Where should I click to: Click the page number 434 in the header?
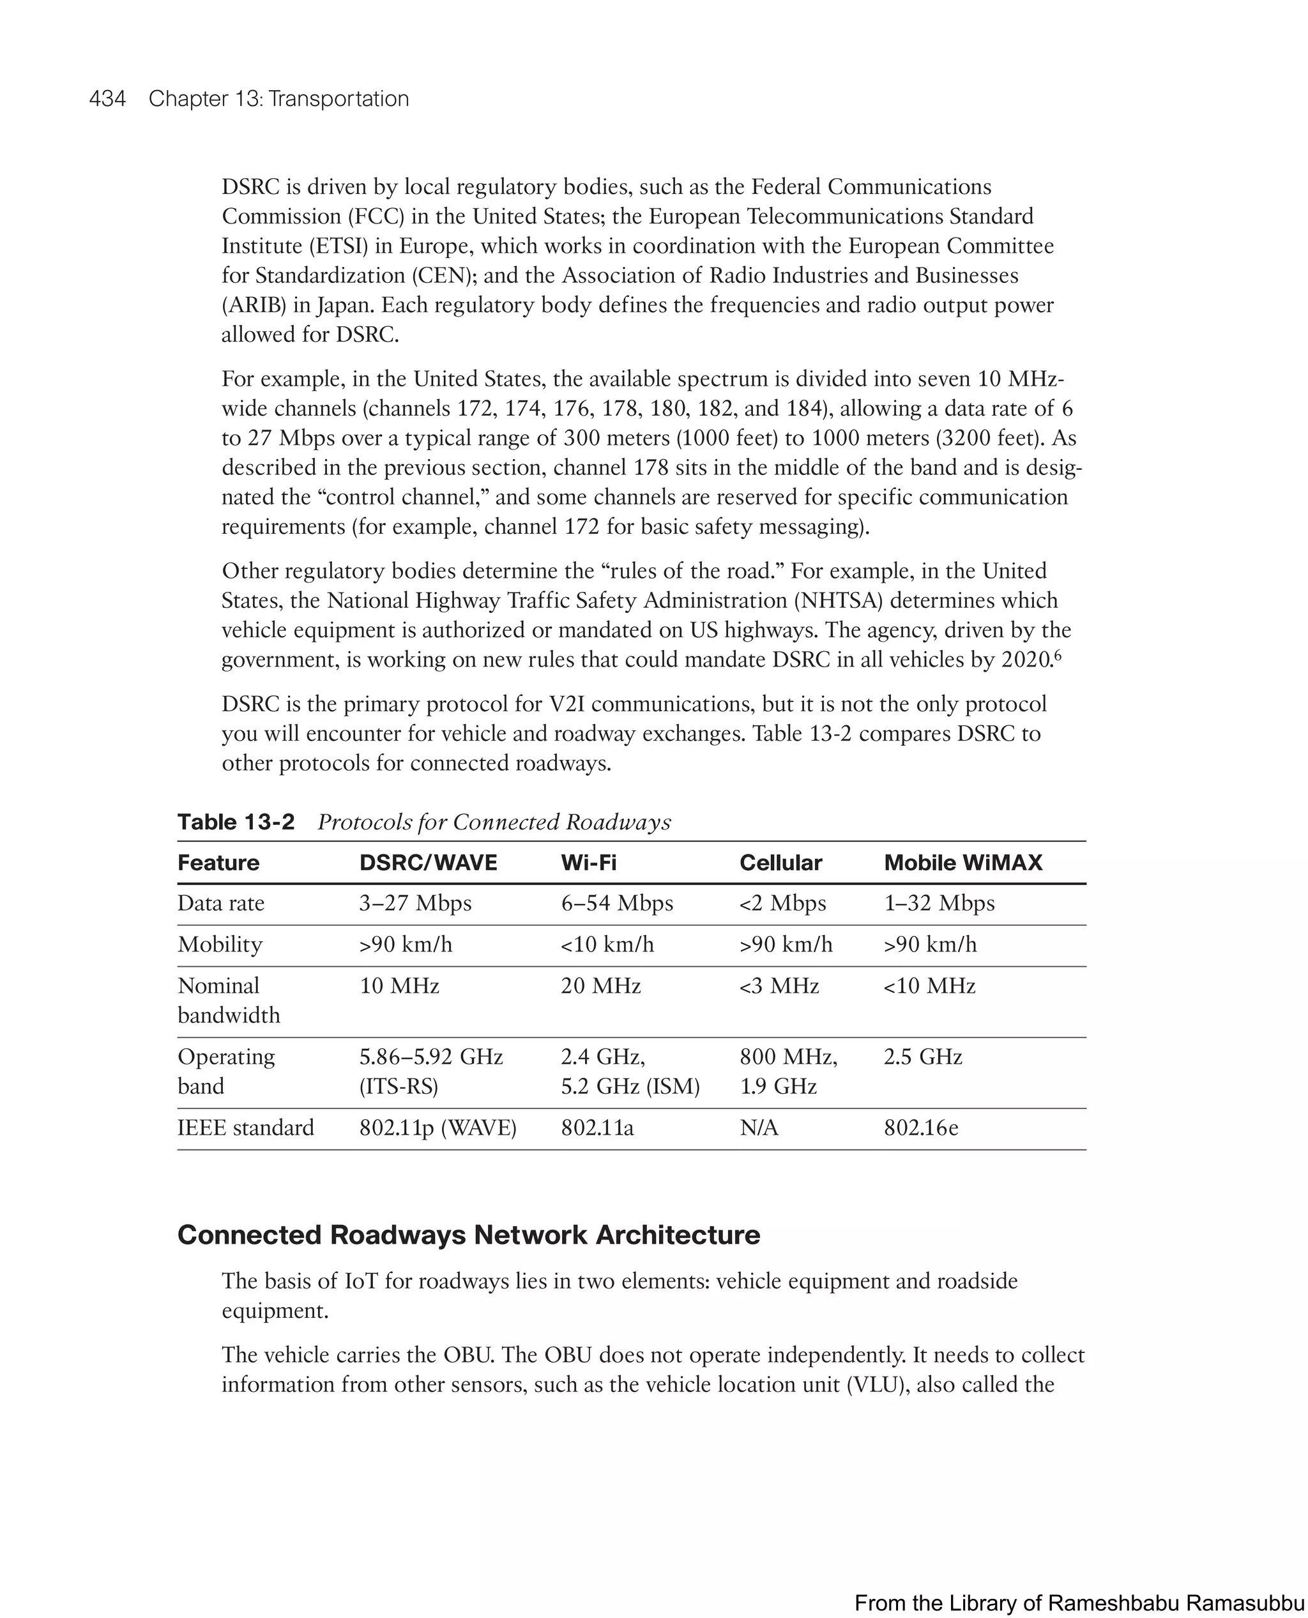pos(107,99)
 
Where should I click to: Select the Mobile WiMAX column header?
pos(962,863)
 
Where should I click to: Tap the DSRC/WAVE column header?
pos(428,863)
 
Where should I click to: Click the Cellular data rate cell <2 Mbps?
pos(782,903)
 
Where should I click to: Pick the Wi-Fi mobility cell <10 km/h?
pos(607,944)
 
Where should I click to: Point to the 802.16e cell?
pos(921,1128)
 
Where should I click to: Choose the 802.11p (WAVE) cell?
pos(437,1128)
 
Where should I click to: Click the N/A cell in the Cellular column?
pos(759,1128)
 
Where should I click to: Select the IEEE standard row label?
pos(246,1128)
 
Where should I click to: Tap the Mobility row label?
pos(220,944)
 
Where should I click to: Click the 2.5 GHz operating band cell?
pos(922,1057)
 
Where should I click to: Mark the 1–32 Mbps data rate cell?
pos(939,903)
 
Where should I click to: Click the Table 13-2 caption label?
pos(236,822)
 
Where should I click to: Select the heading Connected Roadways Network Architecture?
pos(469,1235)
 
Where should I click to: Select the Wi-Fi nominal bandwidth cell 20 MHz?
pos(600,986)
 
